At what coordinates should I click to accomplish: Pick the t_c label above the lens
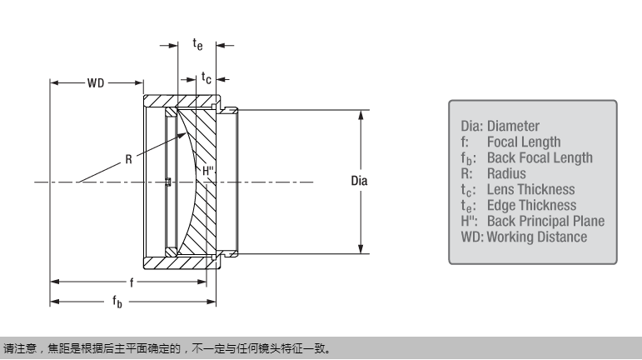[207, 77]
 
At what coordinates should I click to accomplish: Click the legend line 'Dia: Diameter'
[500, 127]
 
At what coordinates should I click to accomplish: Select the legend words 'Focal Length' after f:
[524, 142]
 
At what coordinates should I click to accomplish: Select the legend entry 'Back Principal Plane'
[545, 222]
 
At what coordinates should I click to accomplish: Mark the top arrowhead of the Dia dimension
[360, 114]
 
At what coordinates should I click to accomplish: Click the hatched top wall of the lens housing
[179, 101]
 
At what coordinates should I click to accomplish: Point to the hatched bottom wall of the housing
[179, 262]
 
